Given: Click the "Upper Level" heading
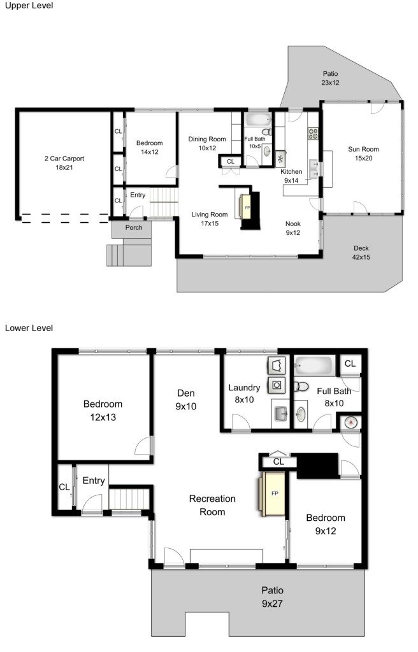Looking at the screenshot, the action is (x=29, y=6).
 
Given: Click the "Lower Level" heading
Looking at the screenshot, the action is (x=29, y=328).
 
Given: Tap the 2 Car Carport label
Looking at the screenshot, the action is (x=64, y=163).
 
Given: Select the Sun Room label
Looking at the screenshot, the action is (x=363, y=153).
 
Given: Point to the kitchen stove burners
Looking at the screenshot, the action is (x=313, y=134).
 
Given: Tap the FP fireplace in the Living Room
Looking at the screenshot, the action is (x=246, y=207).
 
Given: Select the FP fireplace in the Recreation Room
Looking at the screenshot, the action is (x=273, y=493).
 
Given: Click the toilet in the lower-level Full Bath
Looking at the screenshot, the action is (x=301, y=386).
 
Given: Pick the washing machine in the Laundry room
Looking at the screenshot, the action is (x=277, y=385).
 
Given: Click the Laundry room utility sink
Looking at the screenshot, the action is (x=280, y=413).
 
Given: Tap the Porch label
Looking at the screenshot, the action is (x=134, y=227).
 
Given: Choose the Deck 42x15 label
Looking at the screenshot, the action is (x=361, y=253).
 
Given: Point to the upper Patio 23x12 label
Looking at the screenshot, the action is (x=330, y=78).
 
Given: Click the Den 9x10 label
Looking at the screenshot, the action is (x=185, y=400).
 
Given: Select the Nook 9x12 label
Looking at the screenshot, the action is (x=292, y=228).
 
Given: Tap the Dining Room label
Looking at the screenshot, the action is (x=207, y=143).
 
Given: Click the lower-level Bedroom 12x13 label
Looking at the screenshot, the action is (x=103, y=411).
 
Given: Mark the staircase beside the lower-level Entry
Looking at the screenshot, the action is (x=129, y=499).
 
